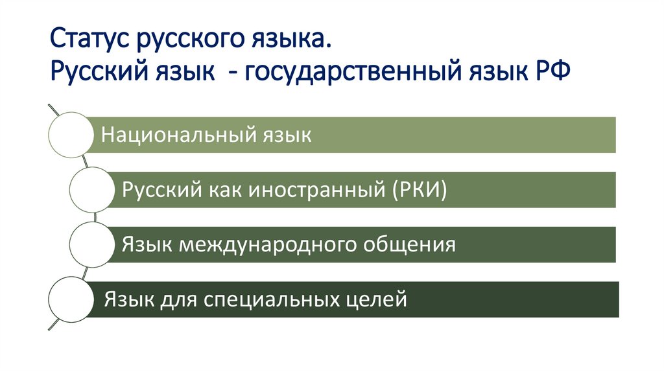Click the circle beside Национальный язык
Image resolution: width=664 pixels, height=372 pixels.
click(71, 134)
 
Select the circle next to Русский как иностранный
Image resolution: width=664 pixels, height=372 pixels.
click(91, 189)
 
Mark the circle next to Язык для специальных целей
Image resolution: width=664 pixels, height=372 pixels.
click(71, 299)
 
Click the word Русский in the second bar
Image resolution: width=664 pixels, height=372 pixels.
click(155, 190)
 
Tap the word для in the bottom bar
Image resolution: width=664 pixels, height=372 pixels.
click(177, 300)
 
